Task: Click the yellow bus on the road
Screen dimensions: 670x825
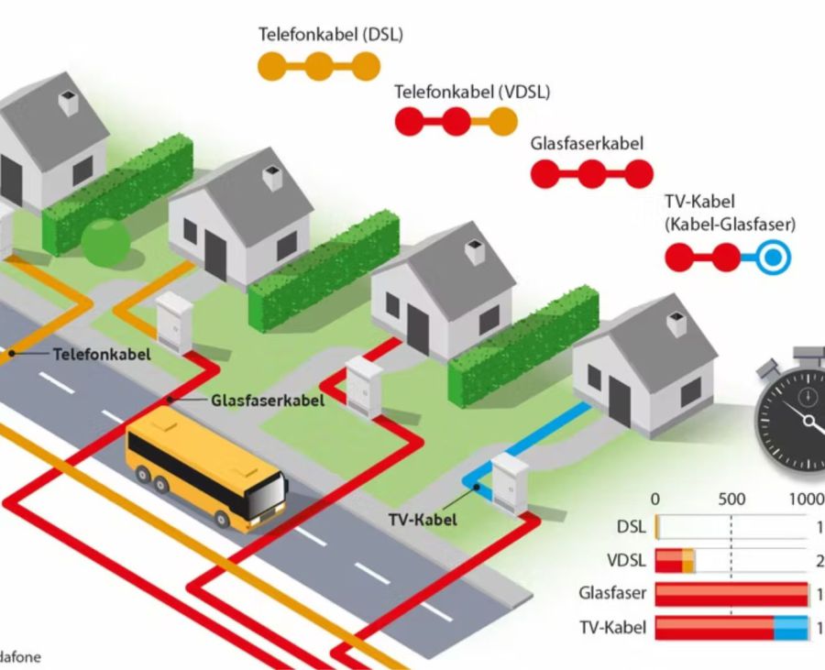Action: pos(205,467)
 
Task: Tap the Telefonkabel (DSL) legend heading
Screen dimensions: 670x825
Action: pos(330,36)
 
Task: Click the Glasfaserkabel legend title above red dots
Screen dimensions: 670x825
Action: pos(587,144)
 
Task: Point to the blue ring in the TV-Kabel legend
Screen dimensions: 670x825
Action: pos(774,258)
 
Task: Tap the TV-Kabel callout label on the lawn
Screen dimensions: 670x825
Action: pos(421,520)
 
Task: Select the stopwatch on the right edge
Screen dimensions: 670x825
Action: pos(794,417)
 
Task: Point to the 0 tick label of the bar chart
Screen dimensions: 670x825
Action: pos(654,500)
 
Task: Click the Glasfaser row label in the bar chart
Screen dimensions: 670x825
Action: pos(612,593)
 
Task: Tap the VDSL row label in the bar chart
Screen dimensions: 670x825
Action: pos(626,560)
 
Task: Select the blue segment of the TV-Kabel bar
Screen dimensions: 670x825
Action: pos(790,628)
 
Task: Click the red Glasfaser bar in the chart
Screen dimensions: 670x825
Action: pos(731,594)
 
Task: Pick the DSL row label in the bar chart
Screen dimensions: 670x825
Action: pos(632,527)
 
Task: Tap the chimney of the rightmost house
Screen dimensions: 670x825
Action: pos(677,323)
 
